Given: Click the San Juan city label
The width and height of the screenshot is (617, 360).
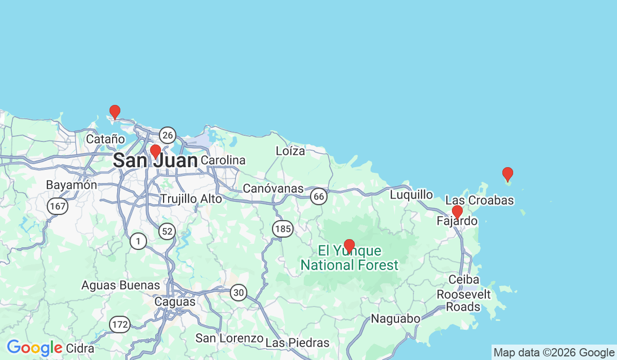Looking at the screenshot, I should pyautogui.click(x=155, y=161).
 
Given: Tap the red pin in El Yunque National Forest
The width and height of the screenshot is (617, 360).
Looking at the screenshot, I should pyautogui.click(x=349, y=246).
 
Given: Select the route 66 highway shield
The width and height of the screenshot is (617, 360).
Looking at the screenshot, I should pyautogui.click(x=319, y=196).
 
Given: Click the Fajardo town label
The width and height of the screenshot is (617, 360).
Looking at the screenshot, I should pyautogui.click(x=457, y=222).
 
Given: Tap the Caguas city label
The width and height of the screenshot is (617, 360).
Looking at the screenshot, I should pyautogui.click(x=176, y=302).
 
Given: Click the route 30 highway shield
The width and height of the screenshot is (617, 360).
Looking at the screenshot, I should pyautogui.click(x=238, y=293).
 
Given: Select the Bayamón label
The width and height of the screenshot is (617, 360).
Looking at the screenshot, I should pyautogui.click(x=71, y=185).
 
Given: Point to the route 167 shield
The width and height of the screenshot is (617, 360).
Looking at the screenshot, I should pyautogui.click(x=58, y=206).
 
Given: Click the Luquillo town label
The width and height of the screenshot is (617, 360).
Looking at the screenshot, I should pyautogui.click(x=411, y=194).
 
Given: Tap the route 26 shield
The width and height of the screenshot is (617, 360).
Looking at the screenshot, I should pyautogui.click(x=167, y=135).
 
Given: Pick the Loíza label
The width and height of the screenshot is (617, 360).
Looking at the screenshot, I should pyautogui.click(x=291, y=151).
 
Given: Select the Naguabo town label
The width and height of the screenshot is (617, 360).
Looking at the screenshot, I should pyautogui.click(x=395, y=318).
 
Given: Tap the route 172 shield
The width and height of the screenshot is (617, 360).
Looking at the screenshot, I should pyautogui.click(x=119, y=325).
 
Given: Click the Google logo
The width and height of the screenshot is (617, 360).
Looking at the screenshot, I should pyautogui.click(x=34, y=348).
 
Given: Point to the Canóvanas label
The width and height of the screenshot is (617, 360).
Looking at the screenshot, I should pyautogui.click(x=273, y=189).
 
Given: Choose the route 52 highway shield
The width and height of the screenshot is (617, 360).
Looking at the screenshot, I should pyautogui.click(x=167, y=232).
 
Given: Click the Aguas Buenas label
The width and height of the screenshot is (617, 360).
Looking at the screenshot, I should pyautogui.click(x=121, y=284).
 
